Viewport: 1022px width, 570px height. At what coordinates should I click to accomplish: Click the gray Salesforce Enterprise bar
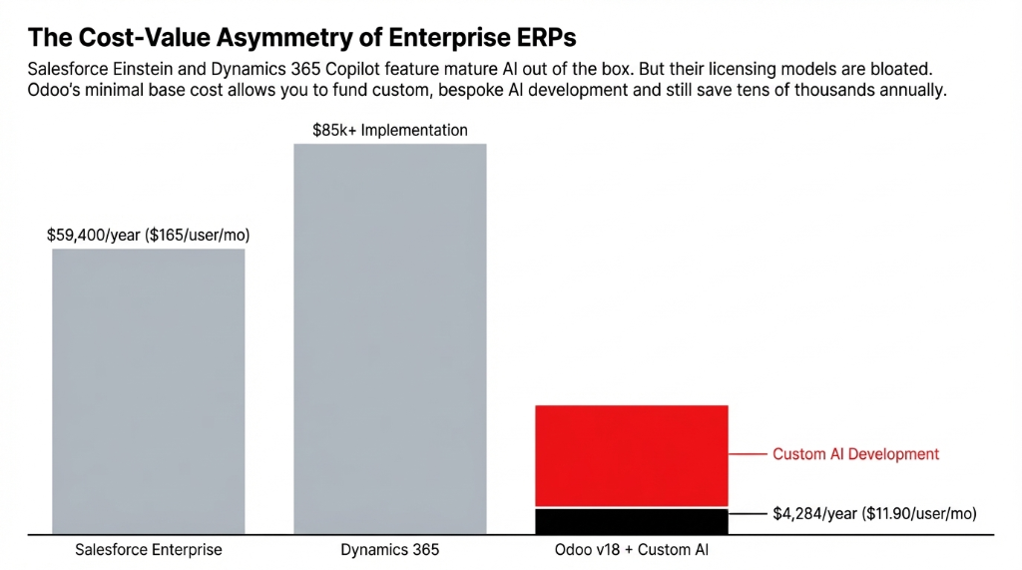(x=148, y=390)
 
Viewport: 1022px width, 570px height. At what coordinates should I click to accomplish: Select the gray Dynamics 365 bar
(x=389, y=338)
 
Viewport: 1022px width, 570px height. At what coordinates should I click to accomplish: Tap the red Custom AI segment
(x=632, y=456)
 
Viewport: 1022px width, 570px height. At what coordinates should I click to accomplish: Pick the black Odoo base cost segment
(x=632, y=521)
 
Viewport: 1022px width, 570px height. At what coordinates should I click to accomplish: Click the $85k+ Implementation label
(x=389, y=130)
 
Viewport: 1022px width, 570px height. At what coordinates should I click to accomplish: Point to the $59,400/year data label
(x=148, y=236)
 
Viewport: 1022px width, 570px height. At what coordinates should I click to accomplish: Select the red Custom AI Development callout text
(x=855, y=454)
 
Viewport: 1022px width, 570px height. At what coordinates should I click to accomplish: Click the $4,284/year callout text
(x=874, y=513)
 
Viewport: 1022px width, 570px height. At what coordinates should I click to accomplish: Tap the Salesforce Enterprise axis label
(x=148, y=550)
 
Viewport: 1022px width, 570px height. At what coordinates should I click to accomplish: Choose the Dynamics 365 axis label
(x=389, y=550)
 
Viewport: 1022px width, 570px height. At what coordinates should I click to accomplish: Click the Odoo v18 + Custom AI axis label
(x=632, y=550)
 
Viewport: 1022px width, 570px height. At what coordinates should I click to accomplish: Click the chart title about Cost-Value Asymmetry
(x=301, y=38)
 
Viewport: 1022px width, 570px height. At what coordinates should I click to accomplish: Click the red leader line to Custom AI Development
(x=748, y=454)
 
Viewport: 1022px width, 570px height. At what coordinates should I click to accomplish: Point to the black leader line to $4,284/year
(x=748, y=513)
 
